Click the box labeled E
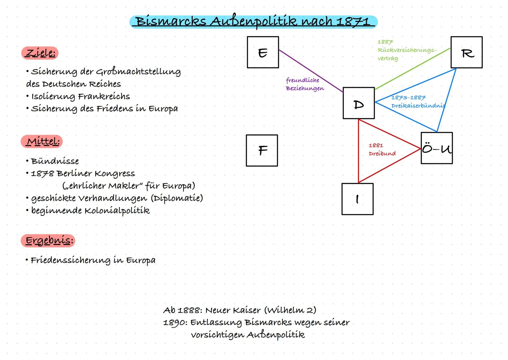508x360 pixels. click(x=263, y=52)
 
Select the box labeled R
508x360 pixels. click(x=466, y=52)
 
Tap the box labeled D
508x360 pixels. click(x=358, y=103)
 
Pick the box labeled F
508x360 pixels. click(x=262, y=150)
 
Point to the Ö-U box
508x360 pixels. click(x=436, y=148)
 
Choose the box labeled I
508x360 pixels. click(x=357, y=199)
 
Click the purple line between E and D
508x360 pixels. click(x=310, y=70)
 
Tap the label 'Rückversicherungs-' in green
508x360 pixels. click(x=407, y=50)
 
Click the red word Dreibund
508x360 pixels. click(x=382, y=154)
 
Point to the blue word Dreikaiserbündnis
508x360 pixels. click(x=418, y=106)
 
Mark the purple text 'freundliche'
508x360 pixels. click(x=302, y=80)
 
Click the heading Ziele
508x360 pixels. click(x=40, y=53)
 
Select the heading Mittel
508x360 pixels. click(x=42, y=142)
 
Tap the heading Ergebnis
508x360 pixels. click(x=48, y=241)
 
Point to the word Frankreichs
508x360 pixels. click(x=104, y=97)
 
